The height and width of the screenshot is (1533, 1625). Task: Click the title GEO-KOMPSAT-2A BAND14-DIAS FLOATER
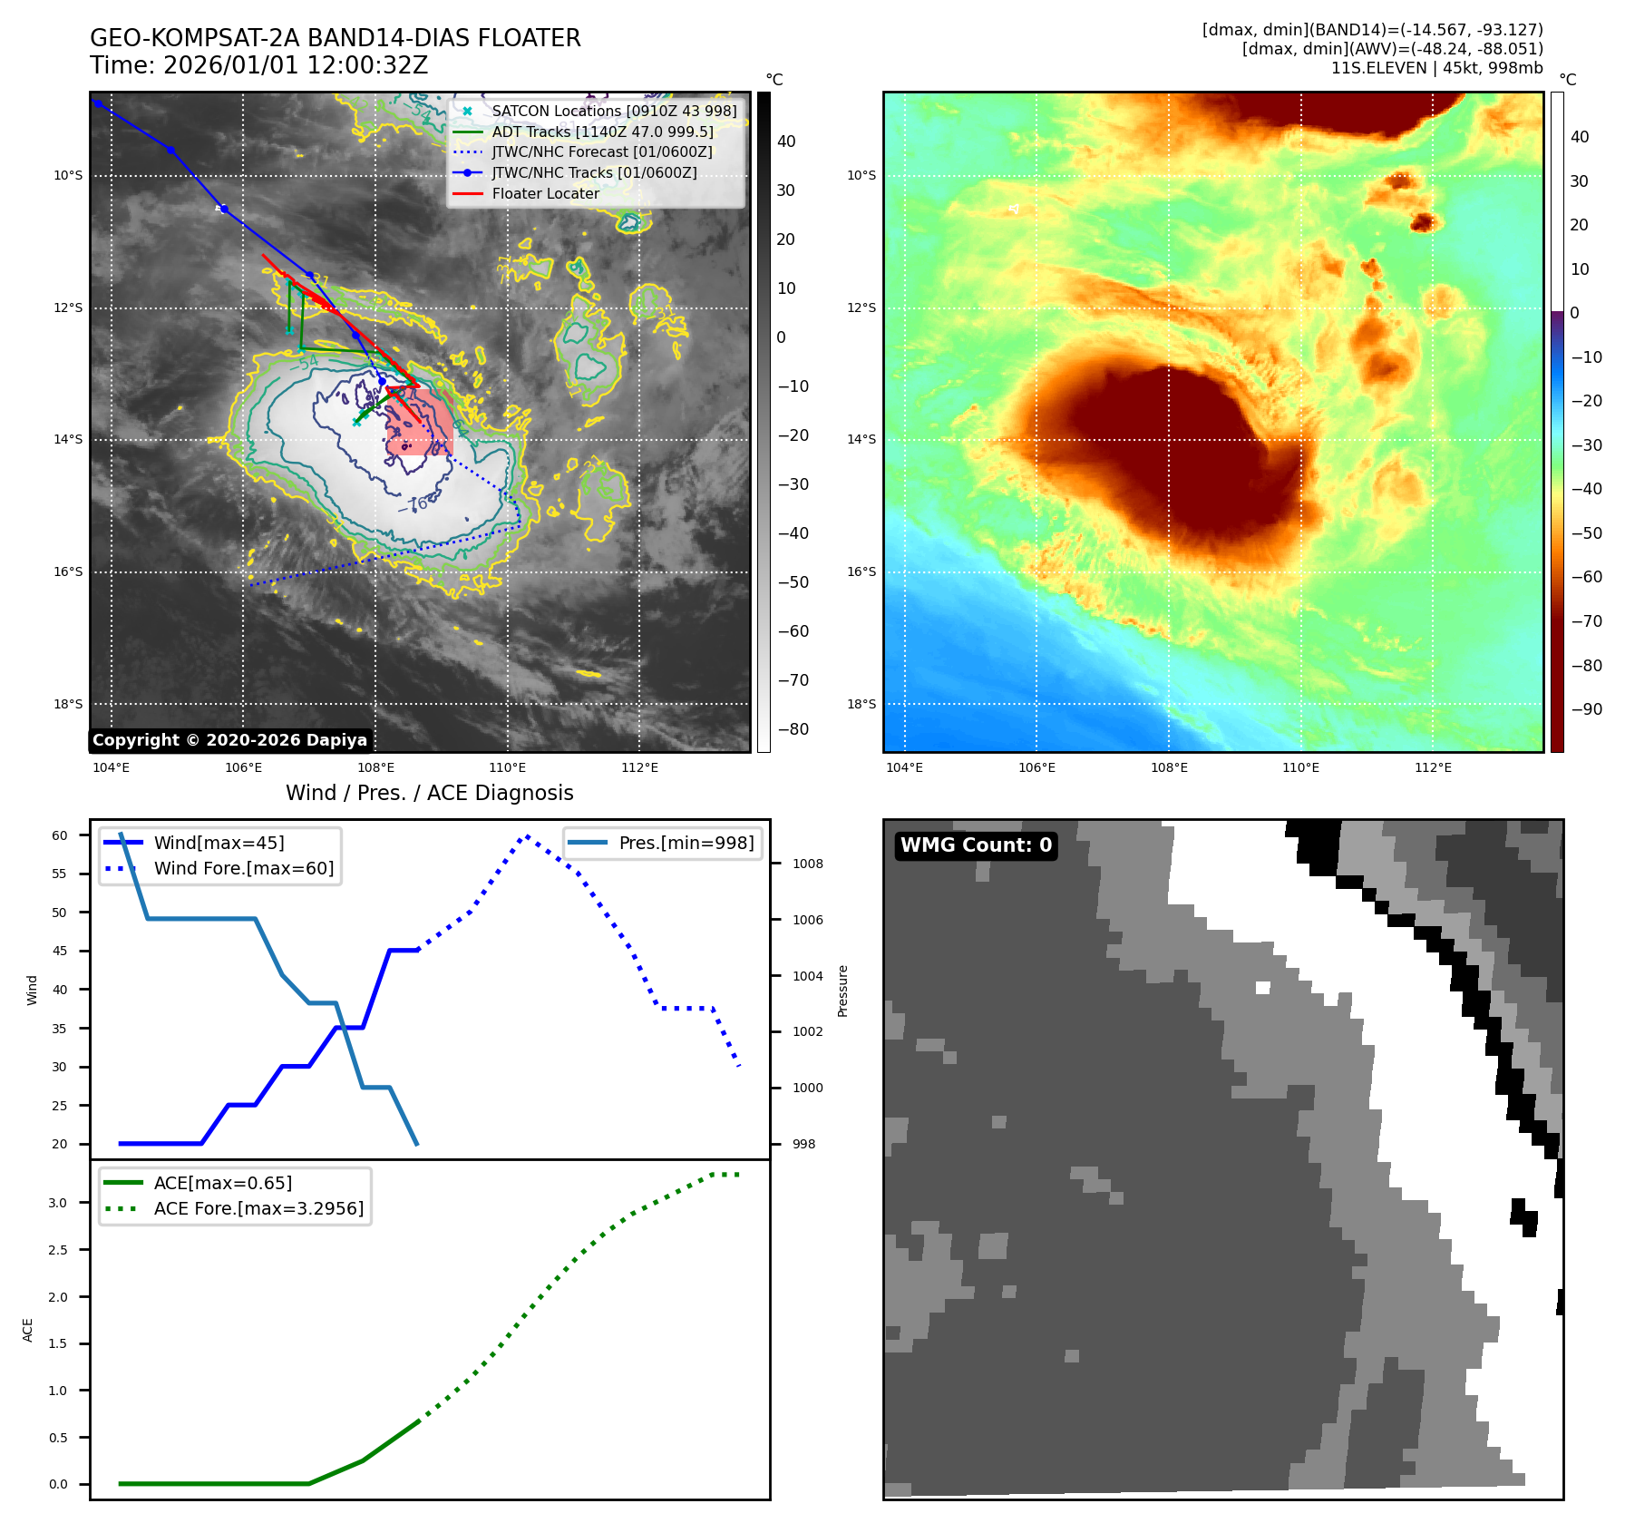[x=335, y=38]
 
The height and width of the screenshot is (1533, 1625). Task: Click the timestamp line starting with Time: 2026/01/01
[x=258, y=65]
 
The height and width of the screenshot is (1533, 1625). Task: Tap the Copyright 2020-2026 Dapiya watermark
[x=229, y=740]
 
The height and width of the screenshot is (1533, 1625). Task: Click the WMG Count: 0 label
[x=976, y=845]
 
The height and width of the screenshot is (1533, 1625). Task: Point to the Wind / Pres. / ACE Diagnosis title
[x=429, y=793]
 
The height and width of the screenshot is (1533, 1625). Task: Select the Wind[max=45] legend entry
[x=219, y=843]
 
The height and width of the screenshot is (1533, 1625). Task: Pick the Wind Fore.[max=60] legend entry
[x=243, y=868]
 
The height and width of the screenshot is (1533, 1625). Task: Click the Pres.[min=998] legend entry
[x=686, y=843]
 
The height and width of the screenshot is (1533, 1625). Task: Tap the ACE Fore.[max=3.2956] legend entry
[x=258, y=1208]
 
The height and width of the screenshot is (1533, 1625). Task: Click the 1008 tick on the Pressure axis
[x=807, y=864]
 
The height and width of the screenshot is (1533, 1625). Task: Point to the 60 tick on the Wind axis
[x=60, y=835]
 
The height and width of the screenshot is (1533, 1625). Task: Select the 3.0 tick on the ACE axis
[x=58, y=1203]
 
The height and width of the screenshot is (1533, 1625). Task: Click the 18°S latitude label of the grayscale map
[x=68, y=704]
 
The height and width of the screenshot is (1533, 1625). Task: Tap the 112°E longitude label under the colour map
[x=1433, y=767]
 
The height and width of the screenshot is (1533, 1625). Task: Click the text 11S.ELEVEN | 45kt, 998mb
[x=1436, y=68]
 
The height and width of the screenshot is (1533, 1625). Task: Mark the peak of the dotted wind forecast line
[x=527, y=835]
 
